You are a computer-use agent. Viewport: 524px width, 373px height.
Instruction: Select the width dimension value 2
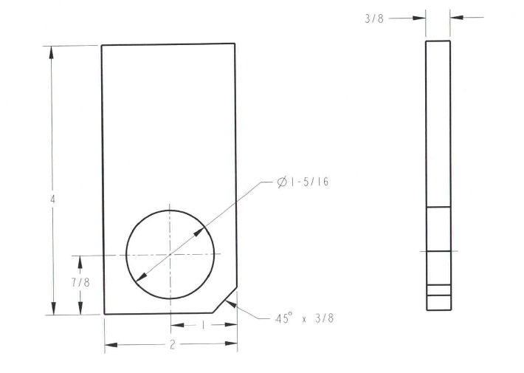pos(172,345)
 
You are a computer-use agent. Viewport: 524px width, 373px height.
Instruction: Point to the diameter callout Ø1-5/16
pos(303,182)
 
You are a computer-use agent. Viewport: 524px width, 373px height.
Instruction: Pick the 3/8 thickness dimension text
pos(375,17)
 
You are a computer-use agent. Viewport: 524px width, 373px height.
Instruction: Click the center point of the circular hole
pos(170,254)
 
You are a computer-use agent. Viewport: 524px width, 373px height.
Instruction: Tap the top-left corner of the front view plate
pos(102,46)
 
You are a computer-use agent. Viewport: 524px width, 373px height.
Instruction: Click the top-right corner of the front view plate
pos(235,44)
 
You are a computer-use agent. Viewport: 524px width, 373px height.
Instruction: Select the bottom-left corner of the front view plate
pos(104,314)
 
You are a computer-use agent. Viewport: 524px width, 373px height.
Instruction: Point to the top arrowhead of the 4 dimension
pos(52,49)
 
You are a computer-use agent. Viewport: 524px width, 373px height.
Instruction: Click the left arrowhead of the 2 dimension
pos(108,345)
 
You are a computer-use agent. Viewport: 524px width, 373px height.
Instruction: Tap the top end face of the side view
pos(438,41)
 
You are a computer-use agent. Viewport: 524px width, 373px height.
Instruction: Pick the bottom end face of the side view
pos(438,310)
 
